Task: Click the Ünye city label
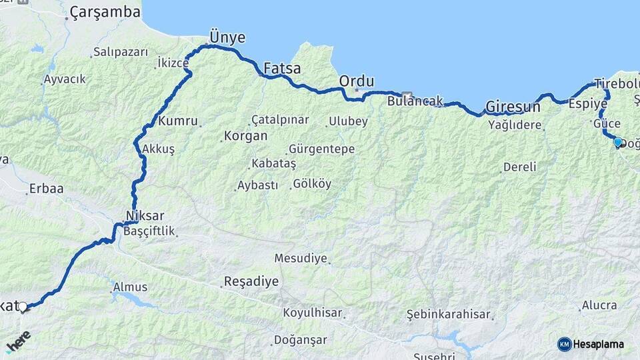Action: (x=227, y=37)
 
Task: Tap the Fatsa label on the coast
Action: (x=282, y=68)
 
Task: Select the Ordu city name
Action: (x=357, y=81)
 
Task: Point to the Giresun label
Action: (x=513, y=106)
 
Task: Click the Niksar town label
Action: (x=144, y=216)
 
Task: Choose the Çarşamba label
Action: (x=105, y=12)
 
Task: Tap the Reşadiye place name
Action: (x=251, y=281)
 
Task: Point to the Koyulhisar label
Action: (x=312, y=313)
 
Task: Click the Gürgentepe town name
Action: (x=321, y=149)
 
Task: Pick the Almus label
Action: (x=130, y=287)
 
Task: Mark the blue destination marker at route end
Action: (x=617, y=142)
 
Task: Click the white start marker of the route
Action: (x=23, y=307)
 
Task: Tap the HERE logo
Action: (x=18, y=341)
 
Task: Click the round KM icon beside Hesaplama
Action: (x=564, y=344)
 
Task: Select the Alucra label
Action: (x=599, y=305)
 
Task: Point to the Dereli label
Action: (x=519, y=167)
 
